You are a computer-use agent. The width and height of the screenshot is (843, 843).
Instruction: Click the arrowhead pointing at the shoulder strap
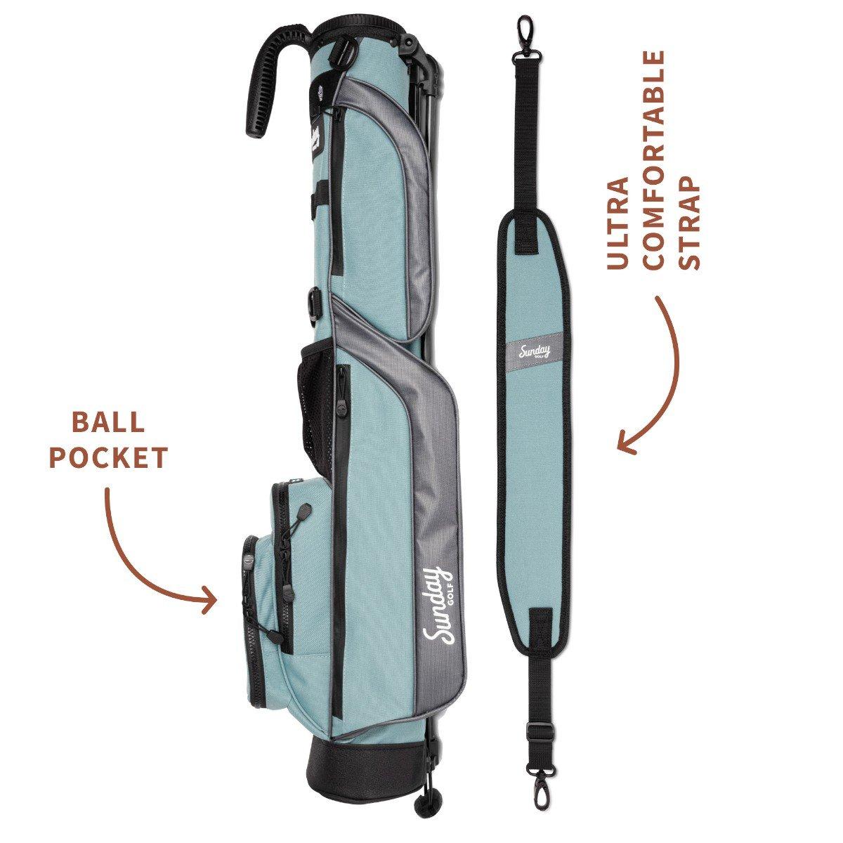point(627,440)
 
